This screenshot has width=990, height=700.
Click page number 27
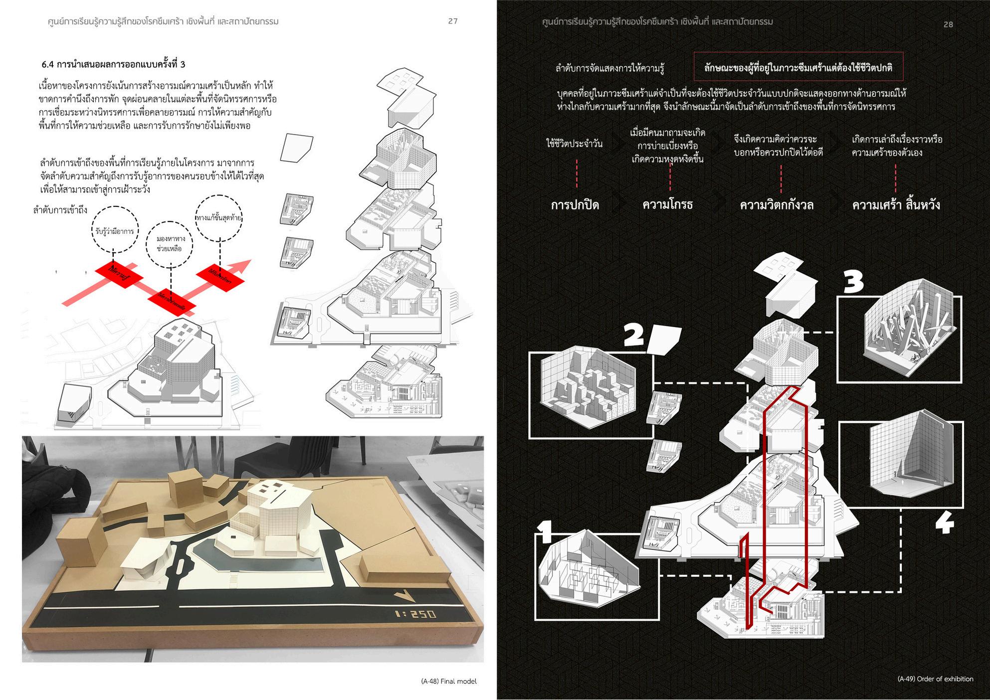(452, 21)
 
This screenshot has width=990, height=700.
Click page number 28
(948, 24)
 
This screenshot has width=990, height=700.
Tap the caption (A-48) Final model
(448, 681)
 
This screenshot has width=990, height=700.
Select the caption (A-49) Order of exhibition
(935, 679)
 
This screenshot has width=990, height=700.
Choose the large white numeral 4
(944, 524)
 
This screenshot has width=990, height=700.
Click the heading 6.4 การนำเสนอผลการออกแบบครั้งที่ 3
(114, 64)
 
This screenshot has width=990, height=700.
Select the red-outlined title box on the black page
(798, 67)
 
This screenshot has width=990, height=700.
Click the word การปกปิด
(575, 205)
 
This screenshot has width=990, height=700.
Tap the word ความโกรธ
(667, 204)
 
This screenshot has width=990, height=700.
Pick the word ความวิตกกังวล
(777, 205)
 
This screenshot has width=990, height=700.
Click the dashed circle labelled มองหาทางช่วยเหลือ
(170, 244)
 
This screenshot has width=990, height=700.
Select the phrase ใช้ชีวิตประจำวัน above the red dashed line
(574, 144)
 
